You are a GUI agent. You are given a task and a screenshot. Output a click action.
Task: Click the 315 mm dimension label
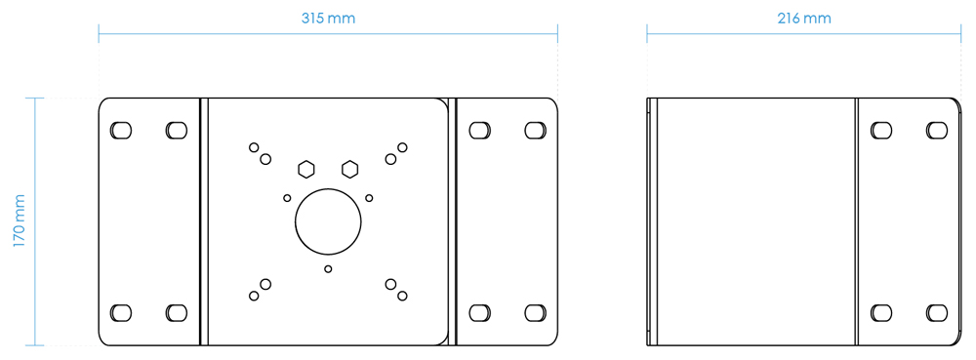pos(328,19)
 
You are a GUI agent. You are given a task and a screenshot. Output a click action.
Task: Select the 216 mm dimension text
pos(805,19)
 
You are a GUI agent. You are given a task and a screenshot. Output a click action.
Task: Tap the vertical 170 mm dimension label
pos(19,221)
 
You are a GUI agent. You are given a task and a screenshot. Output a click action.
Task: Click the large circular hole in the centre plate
pos(328,221)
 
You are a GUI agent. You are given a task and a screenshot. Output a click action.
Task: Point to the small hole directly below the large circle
pos(328,268)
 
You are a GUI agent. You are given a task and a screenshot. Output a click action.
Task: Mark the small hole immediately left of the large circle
pos(287,198)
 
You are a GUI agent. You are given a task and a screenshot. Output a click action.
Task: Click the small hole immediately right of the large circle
pos(369,198)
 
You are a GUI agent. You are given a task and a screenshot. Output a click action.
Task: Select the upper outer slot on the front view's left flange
pos(121,130)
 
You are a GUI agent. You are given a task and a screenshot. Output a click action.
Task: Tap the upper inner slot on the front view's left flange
pos(177,130)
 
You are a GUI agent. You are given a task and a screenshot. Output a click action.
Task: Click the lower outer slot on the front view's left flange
pos(121,312)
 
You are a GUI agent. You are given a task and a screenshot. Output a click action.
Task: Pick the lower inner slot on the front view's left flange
pos(177,312)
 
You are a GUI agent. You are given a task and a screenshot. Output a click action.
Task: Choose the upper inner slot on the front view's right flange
pos(478,130)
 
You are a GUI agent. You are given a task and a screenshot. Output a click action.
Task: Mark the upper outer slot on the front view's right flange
pos(534,130)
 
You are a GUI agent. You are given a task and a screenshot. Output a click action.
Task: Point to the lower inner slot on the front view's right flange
pos(478,312)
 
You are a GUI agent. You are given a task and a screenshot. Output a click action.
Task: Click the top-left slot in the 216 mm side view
pos(880,130)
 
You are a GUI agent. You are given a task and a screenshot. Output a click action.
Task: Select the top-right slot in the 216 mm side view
pos(936,130)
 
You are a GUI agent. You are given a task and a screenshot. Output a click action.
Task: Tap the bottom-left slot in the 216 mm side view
pos(880,312)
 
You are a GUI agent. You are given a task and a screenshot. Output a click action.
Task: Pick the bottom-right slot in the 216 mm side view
pos(936,312)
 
